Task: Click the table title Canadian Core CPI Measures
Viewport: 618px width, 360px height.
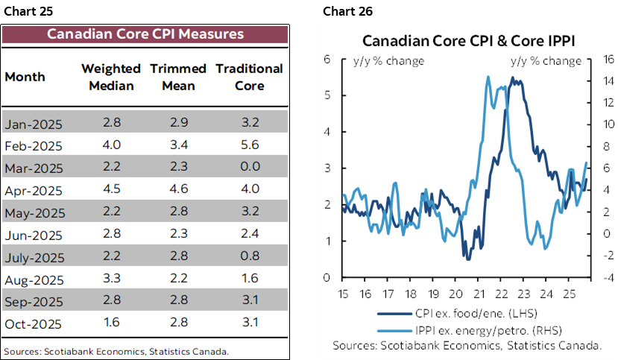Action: pos(145,34)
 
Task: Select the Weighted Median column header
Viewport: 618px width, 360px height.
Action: pos(107,77)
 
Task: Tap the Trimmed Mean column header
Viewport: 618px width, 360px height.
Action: pos(178,77)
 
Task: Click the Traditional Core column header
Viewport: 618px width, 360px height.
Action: pos(249,77)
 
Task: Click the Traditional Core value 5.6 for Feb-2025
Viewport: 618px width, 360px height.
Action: pos(249,145)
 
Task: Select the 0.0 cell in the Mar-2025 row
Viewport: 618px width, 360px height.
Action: pos(249,168)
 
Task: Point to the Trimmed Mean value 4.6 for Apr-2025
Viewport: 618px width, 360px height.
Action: pos(178,190)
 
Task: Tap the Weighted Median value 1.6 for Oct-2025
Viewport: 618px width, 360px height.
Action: pos(107,325)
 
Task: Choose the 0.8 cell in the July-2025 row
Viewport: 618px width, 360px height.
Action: pos(249,258)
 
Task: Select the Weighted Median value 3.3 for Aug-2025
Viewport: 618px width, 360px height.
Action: pos(107,280)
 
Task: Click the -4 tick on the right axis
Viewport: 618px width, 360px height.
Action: pos(599,278)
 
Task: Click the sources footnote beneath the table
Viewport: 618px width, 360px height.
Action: pos(116,351)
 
